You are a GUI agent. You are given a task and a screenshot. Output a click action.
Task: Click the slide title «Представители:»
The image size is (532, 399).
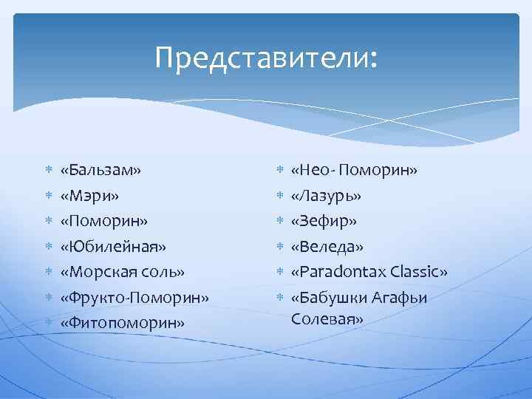click(266, 58)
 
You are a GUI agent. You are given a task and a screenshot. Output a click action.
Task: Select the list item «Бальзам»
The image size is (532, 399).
click(101, 171)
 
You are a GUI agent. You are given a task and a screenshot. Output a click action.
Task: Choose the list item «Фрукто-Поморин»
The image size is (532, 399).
click(135, 297)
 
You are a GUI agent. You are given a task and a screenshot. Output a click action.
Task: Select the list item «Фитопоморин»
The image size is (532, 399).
click(123, 322)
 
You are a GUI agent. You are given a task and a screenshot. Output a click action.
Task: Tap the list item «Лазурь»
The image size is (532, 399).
click(326, 196)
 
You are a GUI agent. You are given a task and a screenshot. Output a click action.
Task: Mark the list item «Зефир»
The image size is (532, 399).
click(324, 221)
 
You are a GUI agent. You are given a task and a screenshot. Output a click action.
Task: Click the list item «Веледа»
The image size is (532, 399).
click(327, 246)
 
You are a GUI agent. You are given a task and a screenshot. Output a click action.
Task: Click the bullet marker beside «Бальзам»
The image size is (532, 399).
click(48, 171)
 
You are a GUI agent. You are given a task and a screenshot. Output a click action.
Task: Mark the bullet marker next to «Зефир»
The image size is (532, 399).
click(279, 221)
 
